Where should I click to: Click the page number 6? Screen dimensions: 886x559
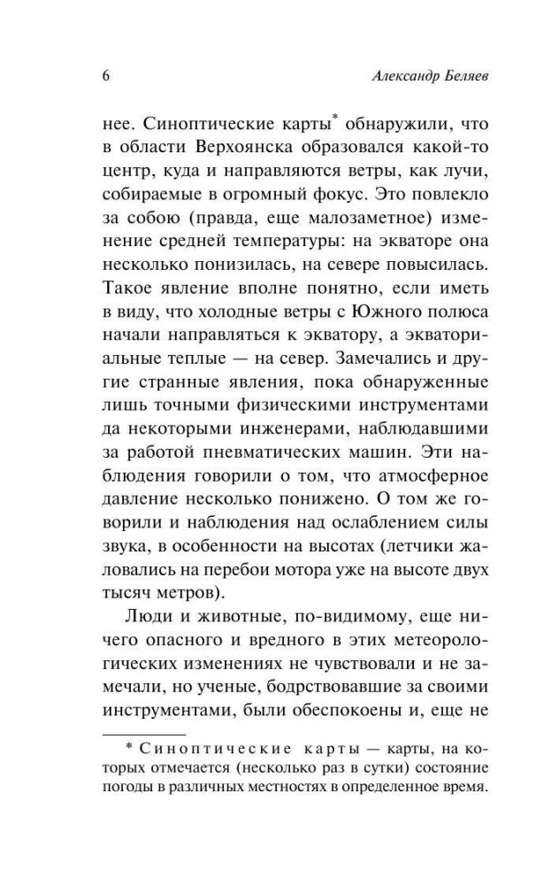[x=94, y=76]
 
